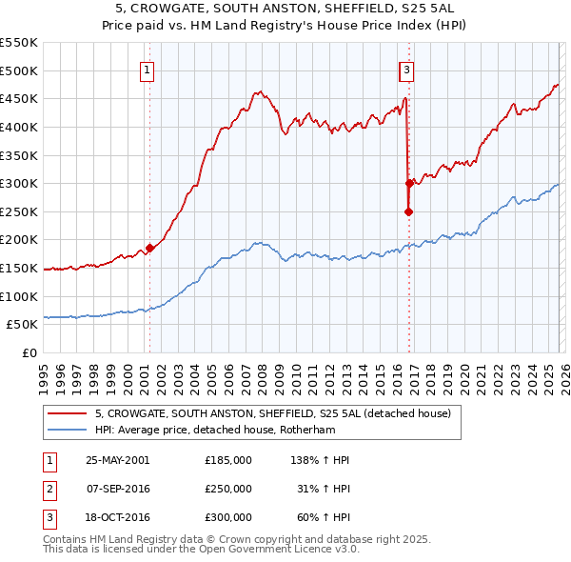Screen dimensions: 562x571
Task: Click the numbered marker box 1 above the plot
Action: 149,69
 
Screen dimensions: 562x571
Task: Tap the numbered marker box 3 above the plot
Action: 406,69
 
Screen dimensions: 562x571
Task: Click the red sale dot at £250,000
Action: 408,211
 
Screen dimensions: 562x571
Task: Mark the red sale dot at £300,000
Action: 409,183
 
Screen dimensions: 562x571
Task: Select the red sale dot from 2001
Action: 150,248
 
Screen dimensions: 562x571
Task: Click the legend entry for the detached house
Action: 266,413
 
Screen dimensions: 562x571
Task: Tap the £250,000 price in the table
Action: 228,489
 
